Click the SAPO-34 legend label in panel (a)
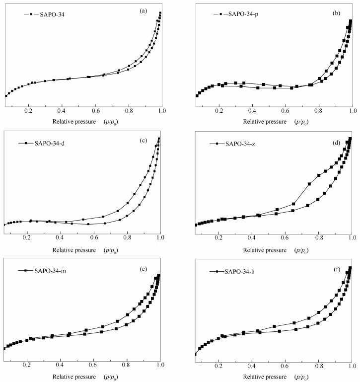coord(50,14)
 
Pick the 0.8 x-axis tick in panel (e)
coord(127,367)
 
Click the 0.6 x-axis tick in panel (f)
coord(285,367)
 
